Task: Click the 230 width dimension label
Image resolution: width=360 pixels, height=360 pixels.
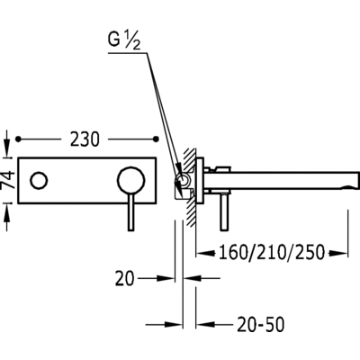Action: (85, 139)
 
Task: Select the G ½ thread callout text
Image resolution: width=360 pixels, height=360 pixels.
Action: (124, 41)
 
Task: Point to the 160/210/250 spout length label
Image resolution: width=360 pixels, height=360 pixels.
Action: (272, 252)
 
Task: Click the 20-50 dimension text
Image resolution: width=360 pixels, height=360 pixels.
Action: (260, 325)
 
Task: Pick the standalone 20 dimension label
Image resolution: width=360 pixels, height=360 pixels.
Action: (124, 279)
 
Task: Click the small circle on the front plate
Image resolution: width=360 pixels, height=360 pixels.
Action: (39, 180)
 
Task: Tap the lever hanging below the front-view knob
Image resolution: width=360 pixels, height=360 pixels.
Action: (130, 212)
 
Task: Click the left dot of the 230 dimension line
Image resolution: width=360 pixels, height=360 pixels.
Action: (19, 139)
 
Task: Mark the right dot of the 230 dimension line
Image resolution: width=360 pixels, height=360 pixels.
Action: (156, 139)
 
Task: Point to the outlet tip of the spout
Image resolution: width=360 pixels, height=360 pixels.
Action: (356, 180)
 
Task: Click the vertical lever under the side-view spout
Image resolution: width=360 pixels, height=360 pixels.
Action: (223, 212)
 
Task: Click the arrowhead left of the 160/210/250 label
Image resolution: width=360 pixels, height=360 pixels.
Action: (205, 254)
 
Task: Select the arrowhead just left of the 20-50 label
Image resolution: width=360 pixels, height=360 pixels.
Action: (205, 324)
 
